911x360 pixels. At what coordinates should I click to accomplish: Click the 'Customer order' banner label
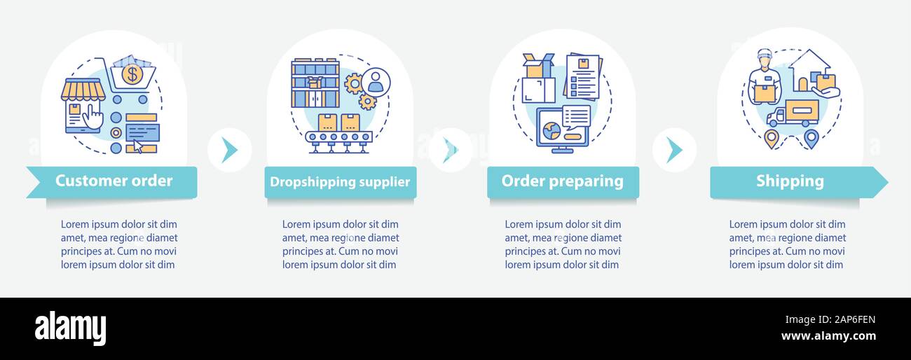pos(114,181)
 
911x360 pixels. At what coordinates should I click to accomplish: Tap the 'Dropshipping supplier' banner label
pos(340,182)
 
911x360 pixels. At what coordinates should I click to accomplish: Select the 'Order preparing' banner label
pos(562,181)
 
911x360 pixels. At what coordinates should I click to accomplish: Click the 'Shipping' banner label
pos(790,181)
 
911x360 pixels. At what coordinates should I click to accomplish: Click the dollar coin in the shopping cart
pos(132,74)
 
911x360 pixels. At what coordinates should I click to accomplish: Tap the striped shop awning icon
pos(83,90)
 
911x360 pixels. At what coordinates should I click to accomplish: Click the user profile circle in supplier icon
pos(376,82)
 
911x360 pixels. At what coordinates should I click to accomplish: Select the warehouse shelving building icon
pos(315,83)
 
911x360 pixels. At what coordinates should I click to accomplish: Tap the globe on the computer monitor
pos(552,130)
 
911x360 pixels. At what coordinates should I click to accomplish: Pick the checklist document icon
pos(583,78)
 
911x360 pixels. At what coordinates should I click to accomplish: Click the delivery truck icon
pos(793,113)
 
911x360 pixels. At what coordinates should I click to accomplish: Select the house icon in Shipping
pos(809,70)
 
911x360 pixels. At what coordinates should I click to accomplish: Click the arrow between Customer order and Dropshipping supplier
pos(229,150)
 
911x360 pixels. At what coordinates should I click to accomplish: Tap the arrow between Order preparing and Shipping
pos(674,150)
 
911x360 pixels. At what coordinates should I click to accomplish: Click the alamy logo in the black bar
pos(70,328)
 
